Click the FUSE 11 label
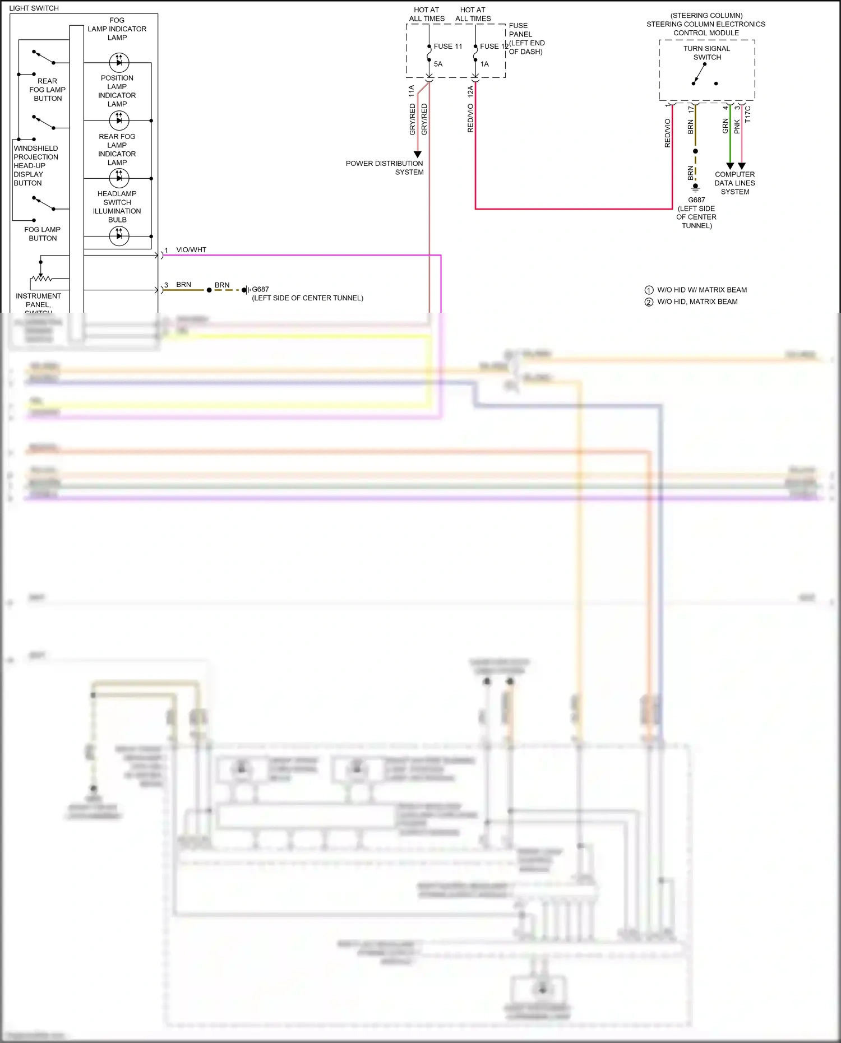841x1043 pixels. pos(447,47)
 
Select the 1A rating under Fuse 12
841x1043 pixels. pos(484,64)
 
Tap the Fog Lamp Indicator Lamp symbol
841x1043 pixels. pos(119,62)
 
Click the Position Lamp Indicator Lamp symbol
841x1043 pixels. pos(119,120)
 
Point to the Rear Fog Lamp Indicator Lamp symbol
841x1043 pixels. pos(119,178)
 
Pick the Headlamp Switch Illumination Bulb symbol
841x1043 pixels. pos(119,236)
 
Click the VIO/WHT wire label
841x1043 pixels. pos(191,250)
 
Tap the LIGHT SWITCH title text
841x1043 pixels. pos(34,8)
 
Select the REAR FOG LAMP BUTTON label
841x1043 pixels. pos(48,90)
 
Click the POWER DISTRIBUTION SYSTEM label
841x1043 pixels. pos(385,168)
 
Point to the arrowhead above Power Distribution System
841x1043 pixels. pos(418,154)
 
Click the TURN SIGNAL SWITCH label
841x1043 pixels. pos(707,53)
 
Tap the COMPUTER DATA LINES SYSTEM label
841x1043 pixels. pos(734,183)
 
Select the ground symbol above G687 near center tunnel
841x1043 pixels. pos(695,188)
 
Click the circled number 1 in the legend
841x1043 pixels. pos(649,290)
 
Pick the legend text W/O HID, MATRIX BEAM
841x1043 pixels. pos(697,302)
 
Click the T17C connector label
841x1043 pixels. pos(747,114)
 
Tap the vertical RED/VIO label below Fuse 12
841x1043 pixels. pos(470,118)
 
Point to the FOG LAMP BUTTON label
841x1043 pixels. pos(43,234)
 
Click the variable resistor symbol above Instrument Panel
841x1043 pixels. pos(41,278)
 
